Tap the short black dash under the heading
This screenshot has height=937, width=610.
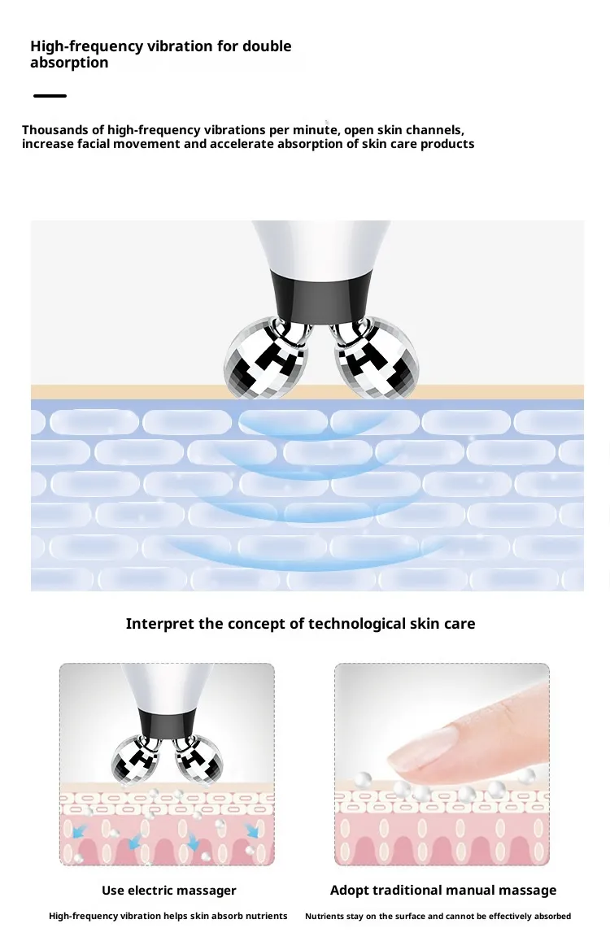50,96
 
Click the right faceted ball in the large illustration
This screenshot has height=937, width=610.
375,357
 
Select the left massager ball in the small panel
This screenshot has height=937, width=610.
135,759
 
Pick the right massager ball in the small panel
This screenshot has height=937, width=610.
198,759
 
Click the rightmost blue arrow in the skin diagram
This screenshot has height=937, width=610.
253,830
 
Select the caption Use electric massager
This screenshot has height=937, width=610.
169,891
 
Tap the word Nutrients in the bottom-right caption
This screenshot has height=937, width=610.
325,916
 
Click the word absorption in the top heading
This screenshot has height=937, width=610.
69,63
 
